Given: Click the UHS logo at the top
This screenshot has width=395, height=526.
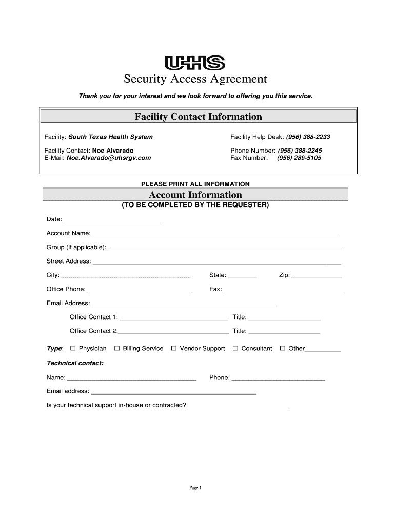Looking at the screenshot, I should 195,63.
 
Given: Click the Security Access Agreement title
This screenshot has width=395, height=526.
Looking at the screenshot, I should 195,79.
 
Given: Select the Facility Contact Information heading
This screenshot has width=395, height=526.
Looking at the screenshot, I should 198,117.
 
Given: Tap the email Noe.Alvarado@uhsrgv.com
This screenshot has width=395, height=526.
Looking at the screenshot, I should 109,158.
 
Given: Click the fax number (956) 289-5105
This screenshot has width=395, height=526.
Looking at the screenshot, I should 299,158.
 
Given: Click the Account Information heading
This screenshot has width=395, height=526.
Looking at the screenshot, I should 195,195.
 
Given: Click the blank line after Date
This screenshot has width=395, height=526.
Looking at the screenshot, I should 112,220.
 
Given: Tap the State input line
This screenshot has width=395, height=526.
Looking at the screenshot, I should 242,276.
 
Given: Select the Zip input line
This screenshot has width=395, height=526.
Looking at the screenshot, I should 317,276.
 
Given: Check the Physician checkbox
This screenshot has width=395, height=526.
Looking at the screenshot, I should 73,348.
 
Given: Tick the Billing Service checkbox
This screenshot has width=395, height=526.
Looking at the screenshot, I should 117,348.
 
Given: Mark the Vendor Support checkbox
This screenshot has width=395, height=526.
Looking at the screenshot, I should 174,348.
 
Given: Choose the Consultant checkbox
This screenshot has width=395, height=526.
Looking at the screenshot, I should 235,348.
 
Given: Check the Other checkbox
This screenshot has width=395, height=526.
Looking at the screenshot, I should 283,348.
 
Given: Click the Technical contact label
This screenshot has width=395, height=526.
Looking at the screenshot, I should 75,363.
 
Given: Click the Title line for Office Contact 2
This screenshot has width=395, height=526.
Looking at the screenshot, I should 284,332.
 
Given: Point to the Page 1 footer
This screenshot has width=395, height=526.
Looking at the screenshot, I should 195,488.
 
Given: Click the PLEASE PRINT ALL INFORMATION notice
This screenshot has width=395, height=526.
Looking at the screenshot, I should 195,184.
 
